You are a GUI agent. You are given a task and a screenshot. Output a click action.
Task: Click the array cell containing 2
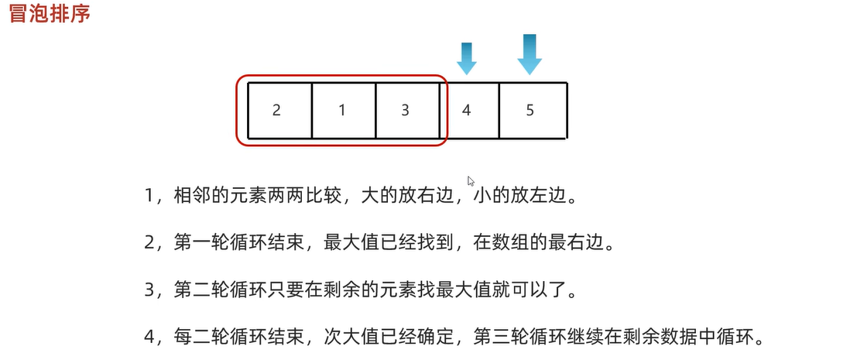(277, 110)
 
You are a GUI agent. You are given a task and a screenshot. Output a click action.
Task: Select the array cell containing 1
(342, 110)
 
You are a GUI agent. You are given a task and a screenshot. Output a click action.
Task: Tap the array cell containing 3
(405, 110)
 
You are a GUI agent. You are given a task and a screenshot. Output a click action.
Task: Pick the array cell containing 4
(466, 110)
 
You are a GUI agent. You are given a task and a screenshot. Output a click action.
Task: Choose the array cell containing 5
(530, 110)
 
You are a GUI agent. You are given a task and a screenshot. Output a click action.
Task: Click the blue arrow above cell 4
(466, 59)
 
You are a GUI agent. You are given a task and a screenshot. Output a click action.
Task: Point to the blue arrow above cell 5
(530, 54)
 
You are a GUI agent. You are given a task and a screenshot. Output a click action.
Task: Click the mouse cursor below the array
(471, 182)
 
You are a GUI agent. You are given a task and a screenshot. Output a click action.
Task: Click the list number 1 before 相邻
(150, 195)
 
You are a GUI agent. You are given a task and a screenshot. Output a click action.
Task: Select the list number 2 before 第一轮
(150, 243)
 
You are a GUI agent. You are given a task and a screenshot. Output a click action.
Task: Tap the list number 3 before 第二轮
(150, 291)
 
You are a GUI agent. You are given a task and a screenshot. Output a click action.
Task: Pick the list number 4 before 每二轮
(150, 339)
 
